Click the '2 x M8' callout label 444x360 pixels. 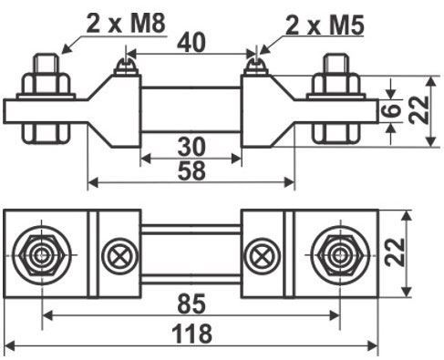126,24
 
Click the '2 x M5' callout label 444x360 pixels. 325,25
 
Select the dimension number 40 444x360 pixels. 191,42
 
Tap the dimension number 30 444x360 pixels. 191,147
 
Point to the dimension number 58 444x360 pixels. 191,170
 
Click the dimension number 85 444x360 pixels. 191,303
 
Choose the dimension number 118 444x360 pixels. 191,334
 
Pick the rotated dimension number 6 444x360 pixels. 393,110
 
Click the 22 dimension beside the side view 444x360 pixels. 418,110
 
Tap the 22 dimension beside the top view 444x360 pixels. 395,252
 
